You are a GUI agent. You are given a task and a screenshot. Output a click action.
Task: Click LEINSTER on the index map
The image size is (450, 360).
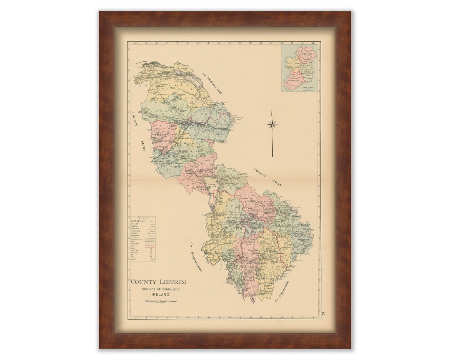pos(307,72)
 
